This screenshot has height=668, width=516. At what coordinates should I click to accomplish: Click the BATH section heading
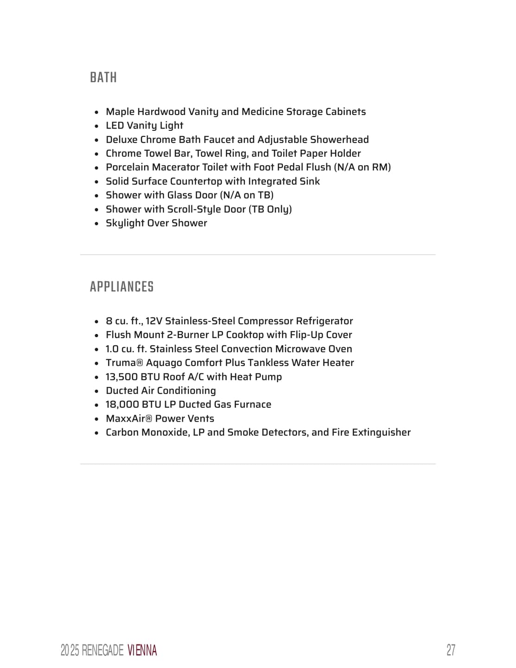[x=103, y=77]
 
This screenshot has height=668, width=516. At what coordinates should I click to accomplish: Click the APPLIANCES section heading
[x=121, y=287]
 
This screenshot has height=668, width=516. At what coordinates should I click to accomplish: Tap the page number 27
[x=451, y=650]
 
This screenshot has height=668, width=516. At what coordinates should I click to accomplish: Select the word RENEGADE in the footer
[x=102, y=650]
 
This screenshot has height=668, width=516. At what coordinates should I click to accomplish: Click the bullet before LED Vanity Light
[x=96, y=126]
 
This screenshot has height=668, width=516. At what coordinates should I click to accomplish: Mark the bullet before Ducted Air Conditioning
[x=96, y=391]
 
